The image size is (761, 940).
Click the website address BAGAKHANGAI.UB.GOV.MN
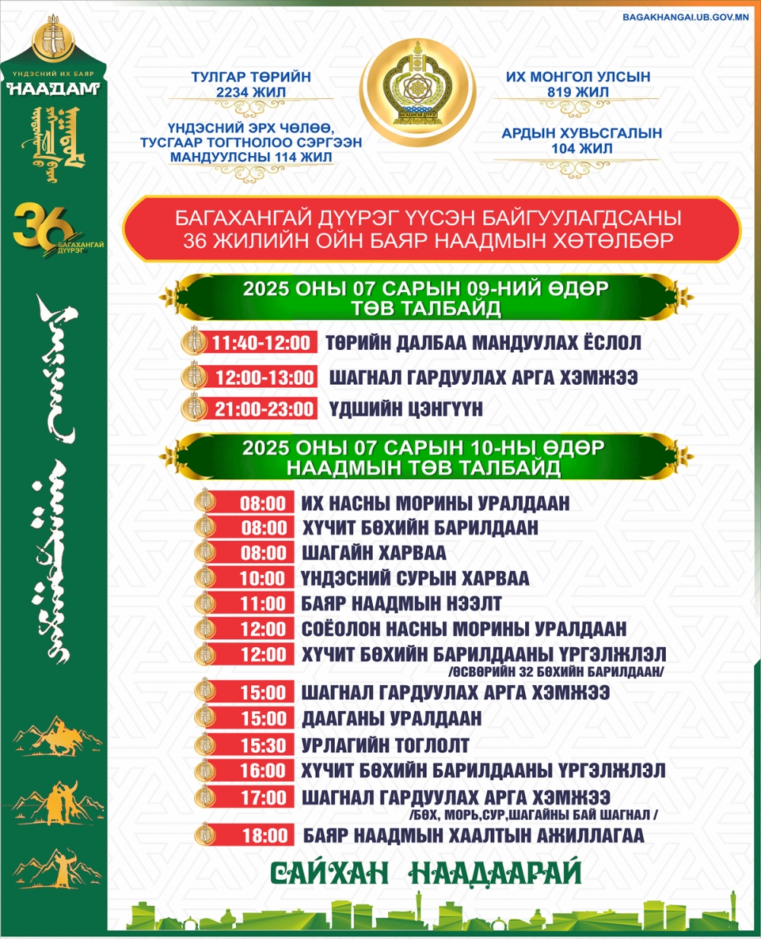(x=685, y=17)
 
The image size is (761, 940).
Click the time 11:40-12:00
(x=261, y=343)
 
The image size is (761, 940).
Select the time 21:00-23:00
(x=263, y=409)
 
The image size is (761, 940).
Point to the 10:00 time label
(x=263, y=579)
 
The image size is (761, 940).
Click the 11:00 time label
(x=263, y=604)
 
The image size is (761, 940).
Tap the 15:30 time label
(x=263, y=745)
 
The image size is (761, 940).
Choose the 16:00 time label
(x=263, y=770)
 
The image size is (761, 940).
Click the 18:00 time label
(x=265, y=836)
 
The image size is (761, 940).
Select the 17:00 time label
(x=263, y=798)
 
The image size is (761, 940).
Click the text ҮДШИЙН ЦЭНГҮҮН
(x=406, y=409)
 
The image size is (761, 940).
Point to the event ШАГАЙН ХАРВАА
(x=374, y=553)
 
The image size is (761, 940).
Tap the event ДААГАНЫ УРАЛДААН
(x=391, y=719)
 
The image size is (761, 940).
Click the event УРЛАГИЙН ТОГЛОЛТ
(x=385, y=745)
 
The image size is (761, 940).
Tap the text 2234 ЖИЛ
(x=251, y=92)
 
